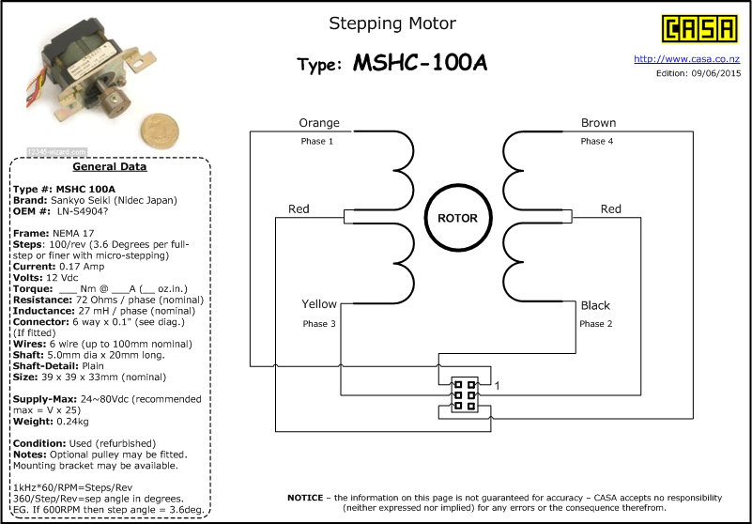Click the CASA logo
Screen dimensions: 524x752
(x=698, y=28)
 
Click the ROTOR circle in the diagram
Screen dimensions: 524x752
(x=457, y=218)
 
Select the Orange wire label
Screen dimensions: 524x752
(x=319, y=123)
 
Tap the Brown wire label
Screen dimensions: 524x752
(x=598, y=123)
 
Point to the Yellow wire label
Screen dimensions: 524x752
(x=319, y=304)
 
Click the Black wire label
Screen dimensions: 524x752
(x=595, y=305)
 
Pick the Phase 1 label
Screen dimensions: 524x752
(x=317, y=142)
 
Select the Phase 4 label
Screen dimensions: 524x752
(x=596, y=142)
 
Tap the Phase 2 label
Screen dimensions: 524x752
(x=595, y=324)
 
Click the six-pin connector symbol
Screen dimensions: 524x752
(x=463, y=394)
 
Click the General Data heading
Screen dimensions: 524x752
(x=110, y=167)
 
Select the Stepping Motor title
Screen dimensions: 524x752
(x=392, y=23)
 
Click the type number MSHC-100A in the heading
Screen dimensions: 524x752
(x=421, y=64)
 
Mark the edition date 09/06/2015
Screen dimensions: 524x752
(x=713, y=72)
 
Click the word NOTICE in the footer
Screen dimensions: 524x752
(x=305, y=497)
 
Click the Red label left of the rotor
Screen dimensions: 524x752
(x=299, y=209)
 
